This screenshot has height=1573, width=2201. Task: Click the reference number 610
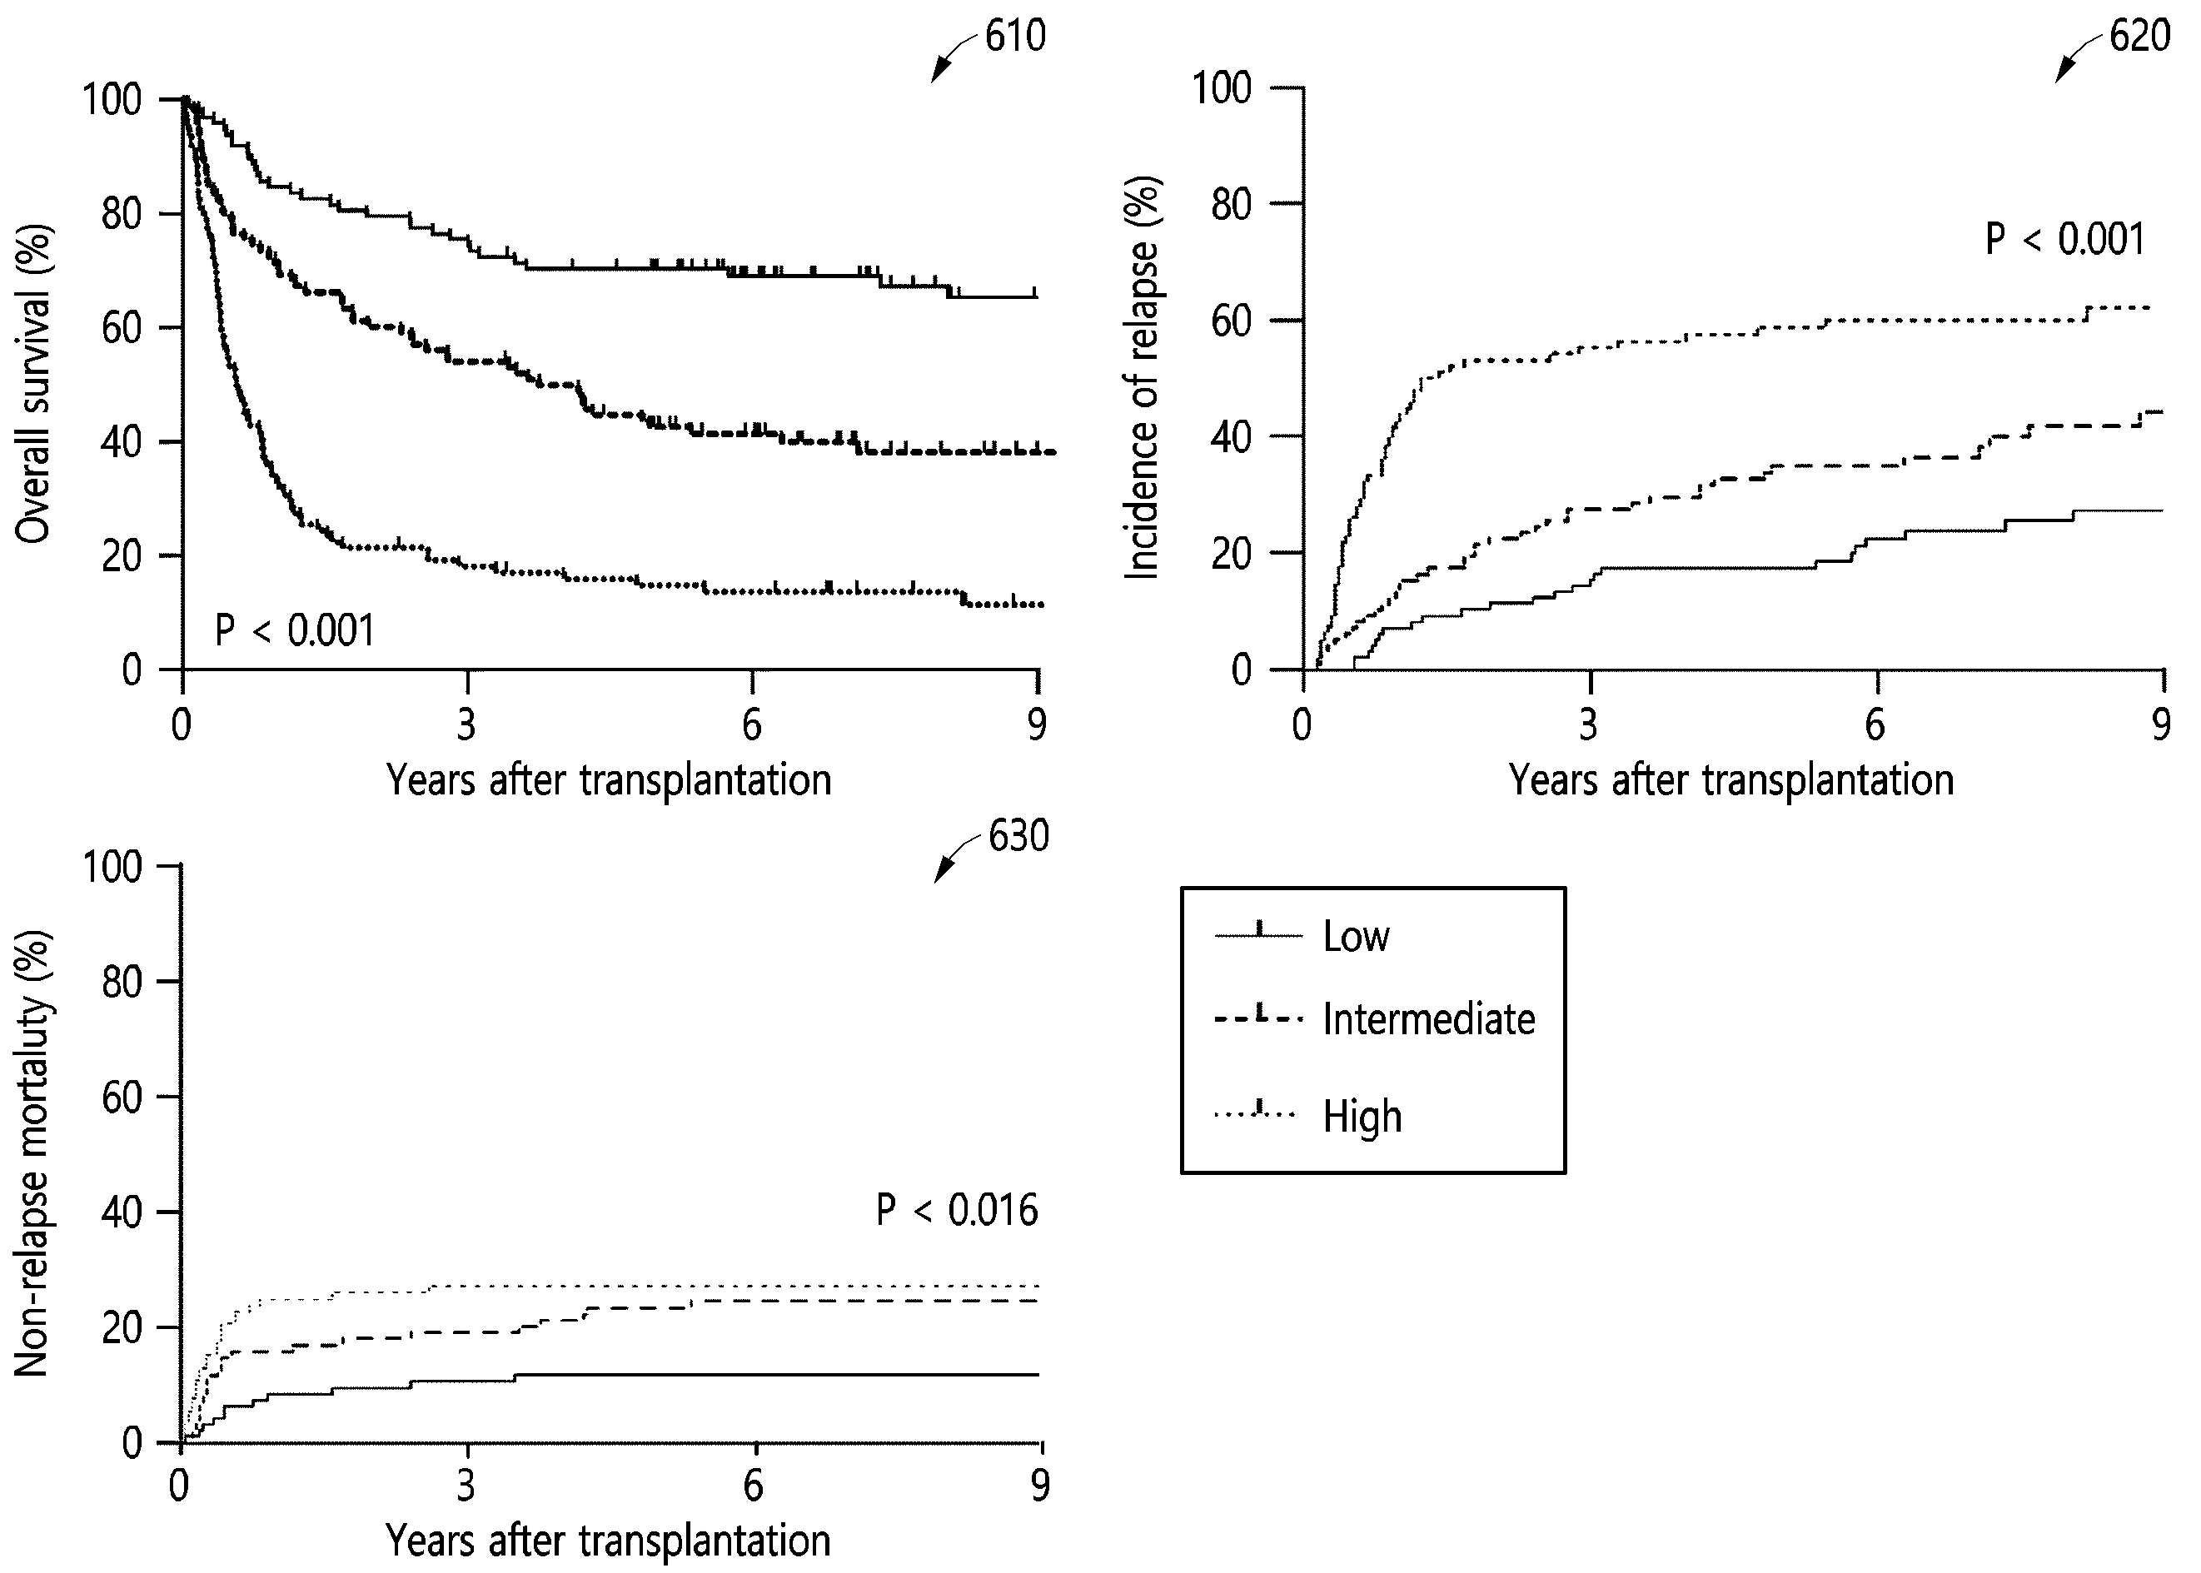[1015, 37]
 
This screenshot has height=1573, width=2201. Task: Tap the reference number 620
[2140, 37]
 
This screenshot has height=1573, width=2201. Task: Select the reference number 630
[1018, 836]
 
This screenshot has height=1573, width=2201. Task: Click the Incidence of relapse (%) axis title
[1143, 378]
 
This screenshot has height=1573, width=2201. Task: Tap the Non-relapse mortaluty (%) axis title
[32, 1152]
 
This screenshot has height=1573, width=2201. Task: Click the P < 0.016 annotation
[957, 1210]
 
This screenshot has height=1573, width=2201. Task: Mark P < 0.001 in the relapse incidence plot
[2065, 239]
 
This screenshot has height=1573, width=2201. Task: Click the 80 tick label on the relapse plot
[1232, 204]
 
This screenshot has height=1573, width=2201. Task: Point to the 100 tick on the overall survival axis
[112, 99]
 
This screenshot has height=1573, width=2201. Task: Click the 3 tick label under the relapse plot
[1588, 724]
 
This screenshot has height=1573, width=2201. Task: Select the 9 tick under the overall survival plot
[1038, 724]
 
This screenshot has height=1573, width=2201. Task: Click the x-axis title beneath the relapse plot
[1731, 779]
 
